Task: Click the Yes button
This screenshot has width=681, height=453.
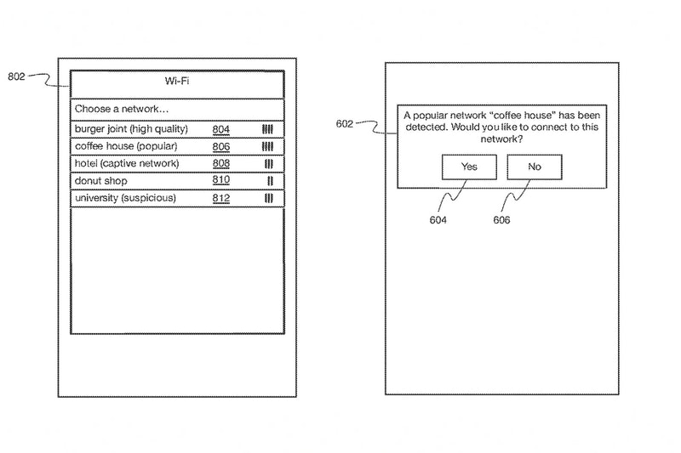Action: tap(469, 167)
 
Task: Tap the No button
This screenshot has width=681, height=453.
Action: tap(535, 167)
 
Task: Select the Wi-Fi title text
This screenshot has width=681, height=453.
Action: tap(177, 81)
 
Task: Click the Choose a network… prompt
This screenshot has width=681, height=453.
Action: tap(122, 109)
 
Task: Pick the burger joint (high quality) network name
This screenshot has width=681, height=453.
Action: tap(131, 129)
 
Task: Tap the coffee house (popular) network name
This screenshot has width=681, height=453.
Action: tap(126, 146)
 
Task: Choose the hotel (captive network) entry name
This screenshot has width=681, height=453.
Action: tap(127, 163)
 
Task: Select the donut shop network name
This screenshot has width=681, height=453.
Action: tap(100, 181)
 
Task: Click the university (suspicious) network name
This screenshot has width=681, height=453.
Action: tap(125, 198)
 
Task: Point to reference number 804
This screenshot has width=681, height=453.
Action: tap(221, 130)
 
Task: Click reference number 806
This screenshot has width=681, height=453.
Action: tap(221, 147)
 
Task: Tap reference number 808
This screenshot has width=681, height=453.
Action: tap(221, 163)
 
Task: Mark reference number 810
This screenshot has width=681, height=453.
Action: tap(221, 180)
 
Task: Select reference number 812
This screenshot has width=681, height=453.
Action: tap(221, 198)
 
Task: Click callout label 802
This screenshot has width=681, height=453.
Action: tap(16, 76)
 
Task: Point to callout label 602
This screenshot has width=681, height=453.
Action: tap(345, 124)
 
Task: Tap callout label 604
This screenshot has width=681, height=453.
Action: tap(438, 220)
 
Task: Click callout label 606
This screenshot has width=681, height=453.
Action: tap(501, 220)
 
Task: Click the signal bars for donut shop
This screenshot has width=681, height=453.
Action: tap(270, 181)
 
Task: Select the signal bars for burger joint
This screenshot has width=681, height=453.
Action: tap(267, 129)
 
